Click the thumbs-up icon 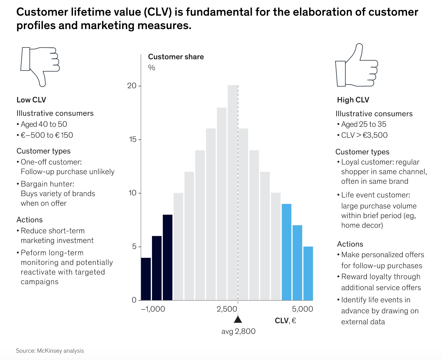point(356,66)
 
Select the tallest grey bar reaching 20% point(233,192)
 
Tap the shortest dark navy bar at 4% point(146,279)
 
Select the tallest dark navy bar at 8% point(167,257)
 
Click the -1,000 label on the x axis point(153,309)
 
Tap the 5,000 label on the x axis point(302,309)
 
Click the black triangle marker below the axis point(238,320)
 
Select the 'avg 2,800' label point(238,331)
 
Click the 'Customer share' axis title point(176,57)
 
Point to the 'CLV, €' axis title point(285,321)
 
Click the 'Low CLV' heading point(31,100)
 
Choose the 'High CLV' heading point(353,100)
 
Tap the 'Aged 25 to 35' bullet point(363,124)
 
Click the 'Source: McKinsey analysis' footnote point(50,351)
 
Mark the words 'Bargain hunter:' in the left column point(47,184)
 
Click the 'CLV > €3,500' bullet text point(364,135)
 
